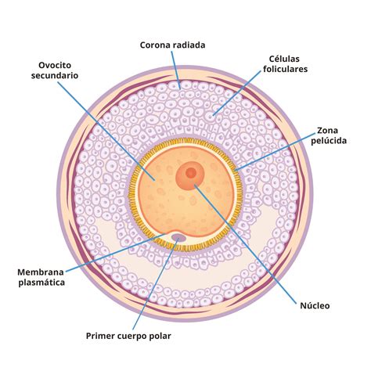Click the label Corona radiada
(x=172, y=45)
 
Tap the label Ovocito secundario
(x=55, y=70)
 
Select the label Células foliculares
(x=285, y=64)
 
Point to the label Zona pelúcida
(x=329, y=135)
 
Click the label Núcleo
(x=315, y=305)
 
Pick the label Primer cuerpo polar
(x=128, y=336)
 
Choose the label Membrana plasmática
(x=41, y=277)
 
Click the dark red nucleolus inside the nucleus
(x=191, y=173)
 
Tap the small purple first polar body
(x=178, y=237)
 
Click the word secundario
(x=55, y=76)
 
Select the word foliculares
(x=286, y=69)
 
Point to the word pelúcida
(x=329, y=141)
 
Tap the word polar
(x=161, y=336)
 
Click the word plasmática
(x=41, y=283)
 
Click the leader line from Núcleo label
(x=246, y=244)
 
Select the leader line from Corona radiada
(x=176, y=70)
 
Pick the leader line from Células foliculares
(x=237, y=93)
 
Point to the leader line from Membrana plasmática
(x=115, y=253)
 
